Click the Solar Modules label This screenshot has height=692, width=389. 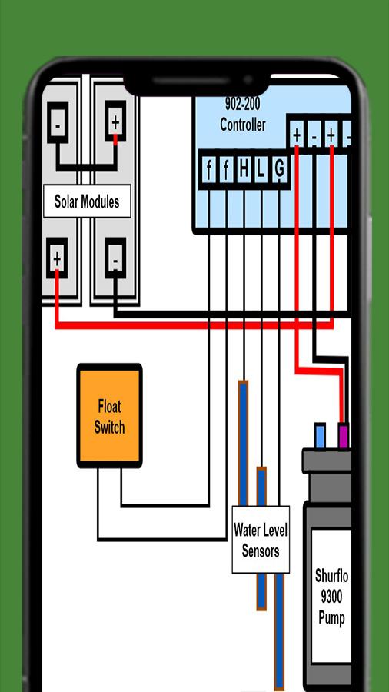click(x=87, y=201)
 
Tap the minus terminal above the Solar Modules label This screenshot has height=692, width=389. click(x=58, y=123)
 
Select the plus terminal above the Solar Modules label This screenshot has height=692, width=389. click(x=115, y=121)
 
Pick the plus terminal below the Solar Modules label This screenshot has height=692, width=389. click(x=57, y=258)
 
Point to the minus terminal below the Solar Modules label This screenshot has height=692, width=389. click(x=115, y=258)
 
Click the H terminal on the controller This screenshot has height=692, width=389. click(x=244, y=169)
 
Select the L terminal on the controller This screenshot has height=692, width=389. click(x=261, y=169)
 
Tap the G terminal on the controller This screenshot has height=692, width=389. click(x=279, y=169)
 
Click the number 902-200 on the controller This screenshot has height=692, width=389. click(x=243, y=104)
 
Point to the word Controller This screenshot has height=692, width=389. click(x=243, y=125)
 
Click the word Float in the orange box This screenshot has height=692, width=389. click(x=109, y=406)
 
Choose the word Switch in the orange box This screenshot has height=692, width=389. click(x=109, y=428)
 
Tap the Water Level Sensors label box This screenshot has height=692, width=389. click(x=261, y=540)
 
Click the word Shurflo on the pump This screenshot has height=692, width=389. click(x=331, y=576)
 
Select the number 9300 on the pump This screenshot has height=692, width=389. click(x=331, y=597)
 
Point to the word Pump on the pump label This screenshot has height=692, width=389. click(x=331, y=617)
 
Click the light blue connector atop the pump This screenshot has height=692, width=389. click(x=320, y=436)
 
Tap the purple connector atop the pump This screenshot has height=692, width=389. click(x=343, y=436)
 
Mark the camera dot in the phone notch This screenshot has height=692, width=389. click(x=248, y=80)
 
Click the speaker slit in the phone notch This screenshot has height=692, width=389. click(x=192, y=82)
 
